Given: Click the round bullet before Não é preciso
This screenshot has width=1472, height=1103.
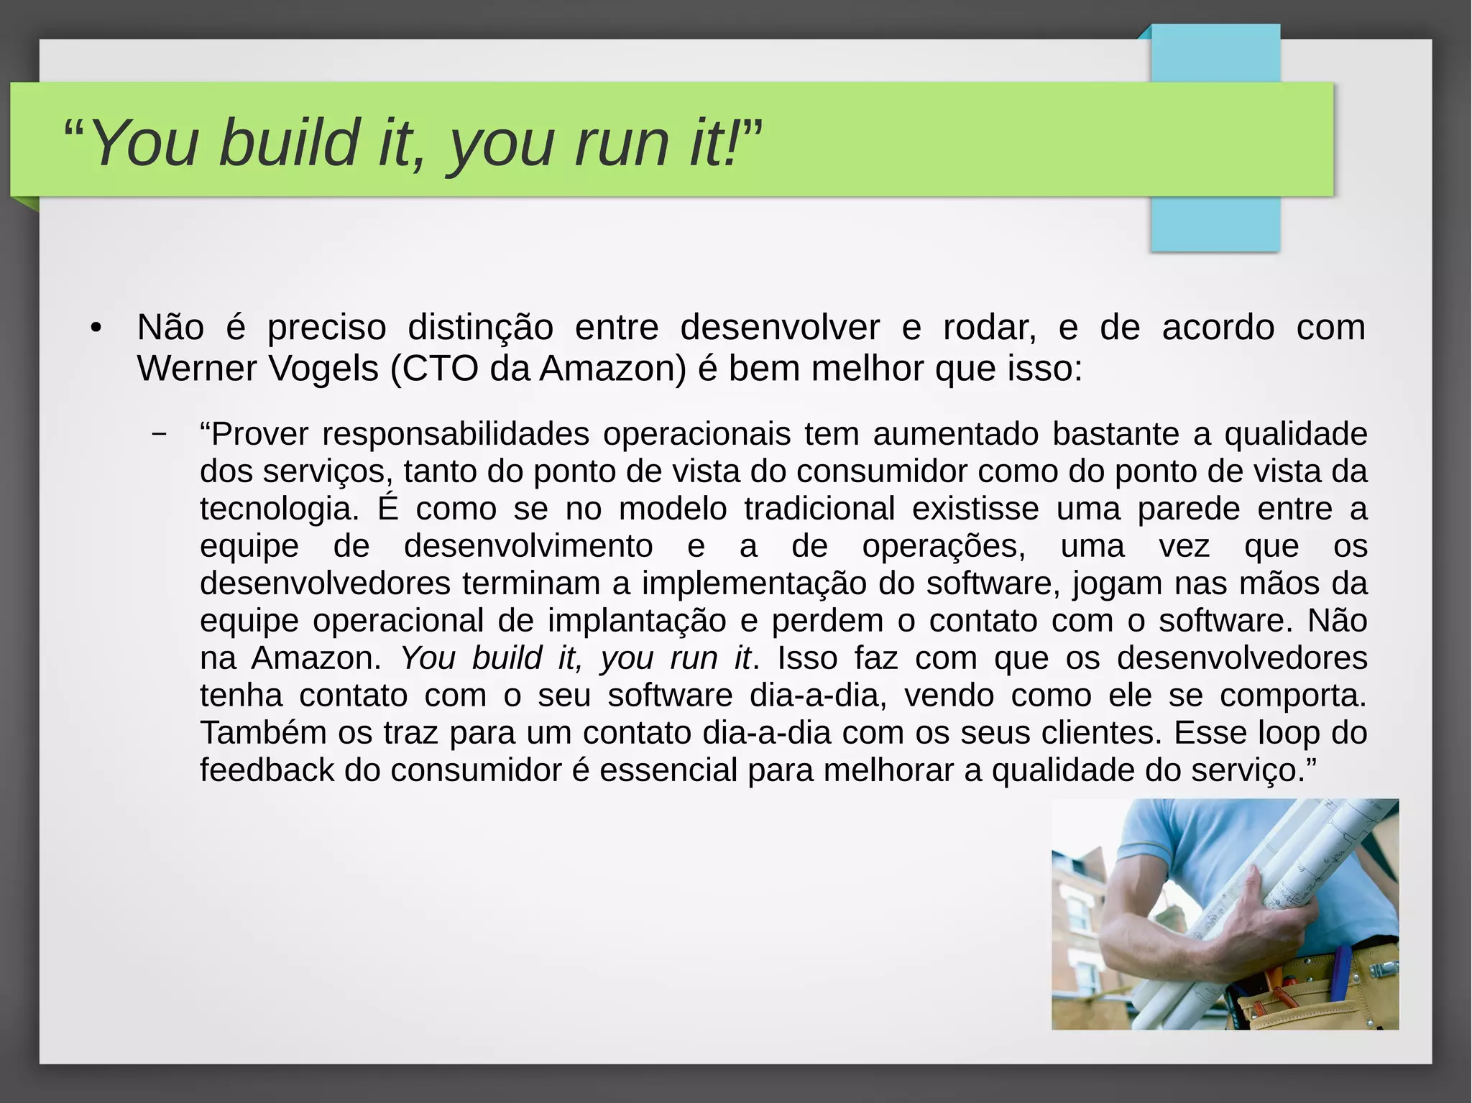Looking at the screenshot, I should [96, 329].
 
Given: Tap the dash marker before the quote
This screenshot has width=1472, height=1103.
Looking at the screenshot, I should [160, 434].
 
